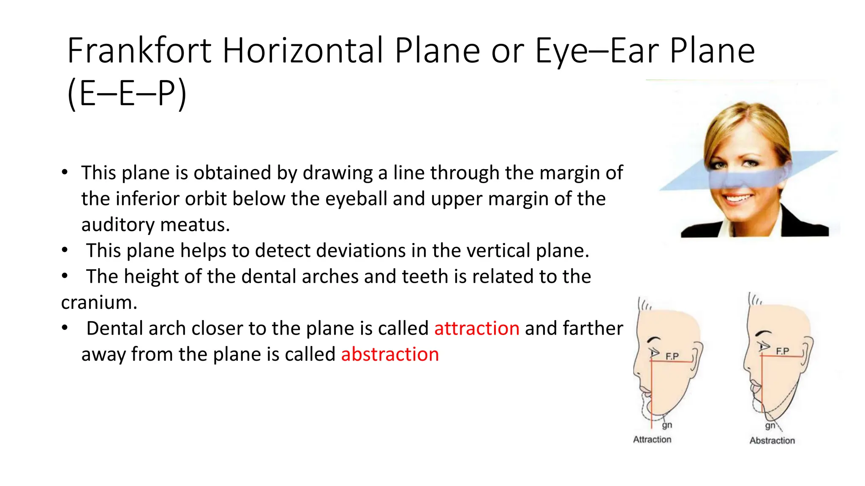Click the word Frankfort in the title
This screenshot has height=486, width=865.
point(139,51)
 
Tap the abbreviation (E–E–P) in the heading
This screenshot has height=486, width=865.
point(127,94)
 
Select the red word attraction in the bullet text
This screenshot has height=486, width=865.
point(476,328)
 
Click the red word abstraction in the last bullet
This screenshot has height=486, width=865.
point(390,354)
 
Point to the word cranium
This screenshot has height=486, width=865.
point(99,302)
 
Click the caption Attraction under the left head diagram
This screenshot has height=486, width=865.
point(652,439)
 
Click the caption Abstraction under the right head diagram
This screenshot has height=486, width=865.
point(772,440)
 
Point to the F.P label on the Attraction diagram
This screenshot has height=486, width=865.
point(672,356)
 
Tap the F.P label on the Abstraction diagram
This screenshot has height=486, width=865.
point(782,351)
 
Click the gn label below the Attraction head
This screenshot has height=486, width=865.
point(667,425)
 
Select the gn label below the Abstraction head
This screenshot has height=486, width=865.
point(770,426)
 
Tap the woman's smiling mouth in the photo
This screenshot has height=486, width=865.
point(738,199)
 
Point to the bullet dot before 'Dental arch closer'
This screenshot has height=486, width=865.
point(65,328)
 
